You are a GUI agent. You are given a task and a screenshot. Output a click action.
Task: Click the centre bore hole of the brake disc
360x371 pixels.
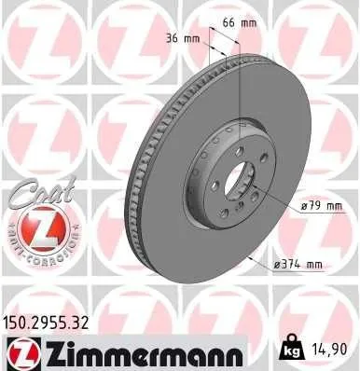(x=241, y=179)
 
